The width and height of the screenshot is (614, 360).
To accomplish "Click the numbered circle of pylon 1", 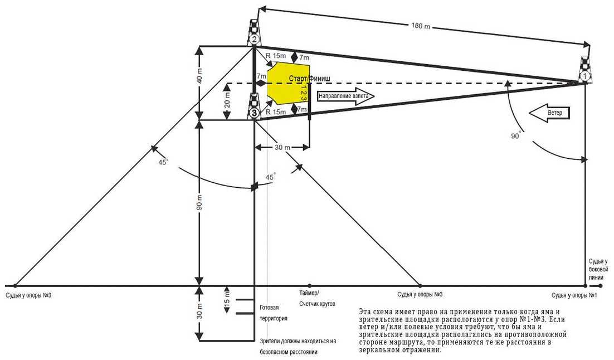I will point(584,75).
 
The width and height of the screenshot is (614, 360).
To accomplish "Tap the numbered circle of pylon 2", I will point(254,39).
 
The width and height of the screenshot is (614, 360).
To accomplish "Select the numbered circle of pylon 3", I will point(254,113).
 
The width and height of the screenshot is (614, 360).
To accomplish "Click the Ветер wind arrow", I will point(549,113).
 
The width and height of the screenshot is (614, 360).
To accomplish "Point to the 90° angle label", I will point(519,135).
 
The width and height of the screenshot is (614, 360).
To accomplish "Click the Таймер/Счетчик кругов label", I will point(316,298).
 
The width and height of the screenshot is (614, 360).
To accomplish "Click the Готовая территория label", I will point(274,313).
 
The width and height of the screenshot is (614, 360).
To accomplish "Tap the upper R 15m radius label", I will point(276,56).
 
